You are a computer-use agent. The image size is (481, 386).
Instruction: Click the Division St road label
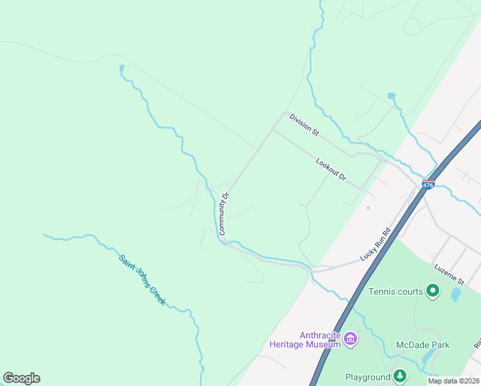(x=304, y=125)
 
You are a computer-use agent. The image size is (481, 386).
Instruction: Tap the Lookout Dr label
(x=331, y=169)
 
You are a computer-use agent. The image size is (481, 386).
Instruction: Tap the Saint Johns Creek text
(x=142, y=280)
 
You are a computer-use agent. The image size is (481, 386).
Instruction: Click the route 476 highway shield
(x=428, y=185)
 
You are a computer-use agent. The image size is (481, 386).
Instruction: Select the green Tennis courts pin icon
(x=433, y=291)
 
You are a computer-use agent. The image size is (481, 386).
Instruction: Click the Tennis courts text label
(x=395, y=291)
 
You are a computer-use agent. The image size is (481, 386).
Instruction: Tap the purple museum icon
(x=350, y=338)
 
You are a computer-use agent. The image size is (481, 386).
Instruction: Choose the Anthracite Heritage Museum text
(x=320, y=340)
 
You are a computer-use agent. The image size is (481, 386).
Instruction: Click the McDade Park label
(x=422, y=345)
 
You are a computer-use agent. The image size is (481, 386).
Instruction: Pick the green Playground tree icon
(x=400, y=376)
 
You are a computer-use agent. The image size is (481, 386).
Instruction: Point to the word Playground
(x=367, y=377)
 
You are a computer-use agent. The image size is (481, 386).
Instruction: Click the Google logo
(x=21, y=378)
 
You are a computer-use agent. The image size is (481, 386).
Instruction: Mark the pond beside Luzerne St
(x=456, y=295)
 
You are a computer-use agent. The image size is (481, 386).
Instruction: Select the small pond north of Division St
(x=391, y=96)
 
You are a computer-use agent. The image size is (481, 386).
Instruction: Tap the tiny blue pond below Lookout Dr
(x=368, y=208)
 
